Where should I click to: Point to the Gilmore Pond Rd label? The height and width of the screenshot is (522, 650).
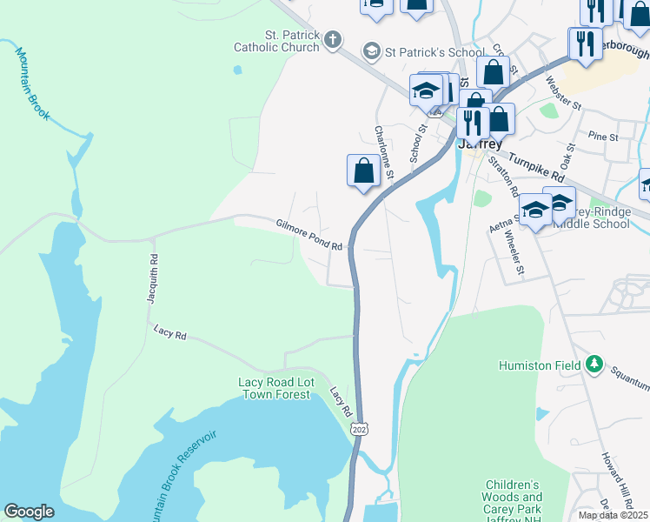click(x=309, y=235)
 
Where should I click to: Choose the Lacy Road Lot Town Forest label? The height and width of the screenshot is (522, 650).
click(x=274, y=388)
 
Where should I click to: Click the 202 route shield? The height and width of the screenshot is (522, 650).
click(x=359, y=429)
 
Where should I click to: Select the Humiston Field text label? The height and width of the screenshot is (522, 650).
click(x=539, y=366)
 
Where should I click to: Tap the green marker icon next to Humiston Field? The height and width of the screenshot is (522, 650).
click(x=594, y=364)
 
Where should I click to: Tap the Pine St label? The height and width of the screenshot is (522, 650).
click(x=602, y=137)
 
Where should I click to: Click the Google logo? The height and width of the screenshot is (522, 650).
click(x=29, y=512)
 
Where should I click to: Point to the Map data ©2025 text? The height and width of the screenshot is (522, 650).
click(x=613, y=515)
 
